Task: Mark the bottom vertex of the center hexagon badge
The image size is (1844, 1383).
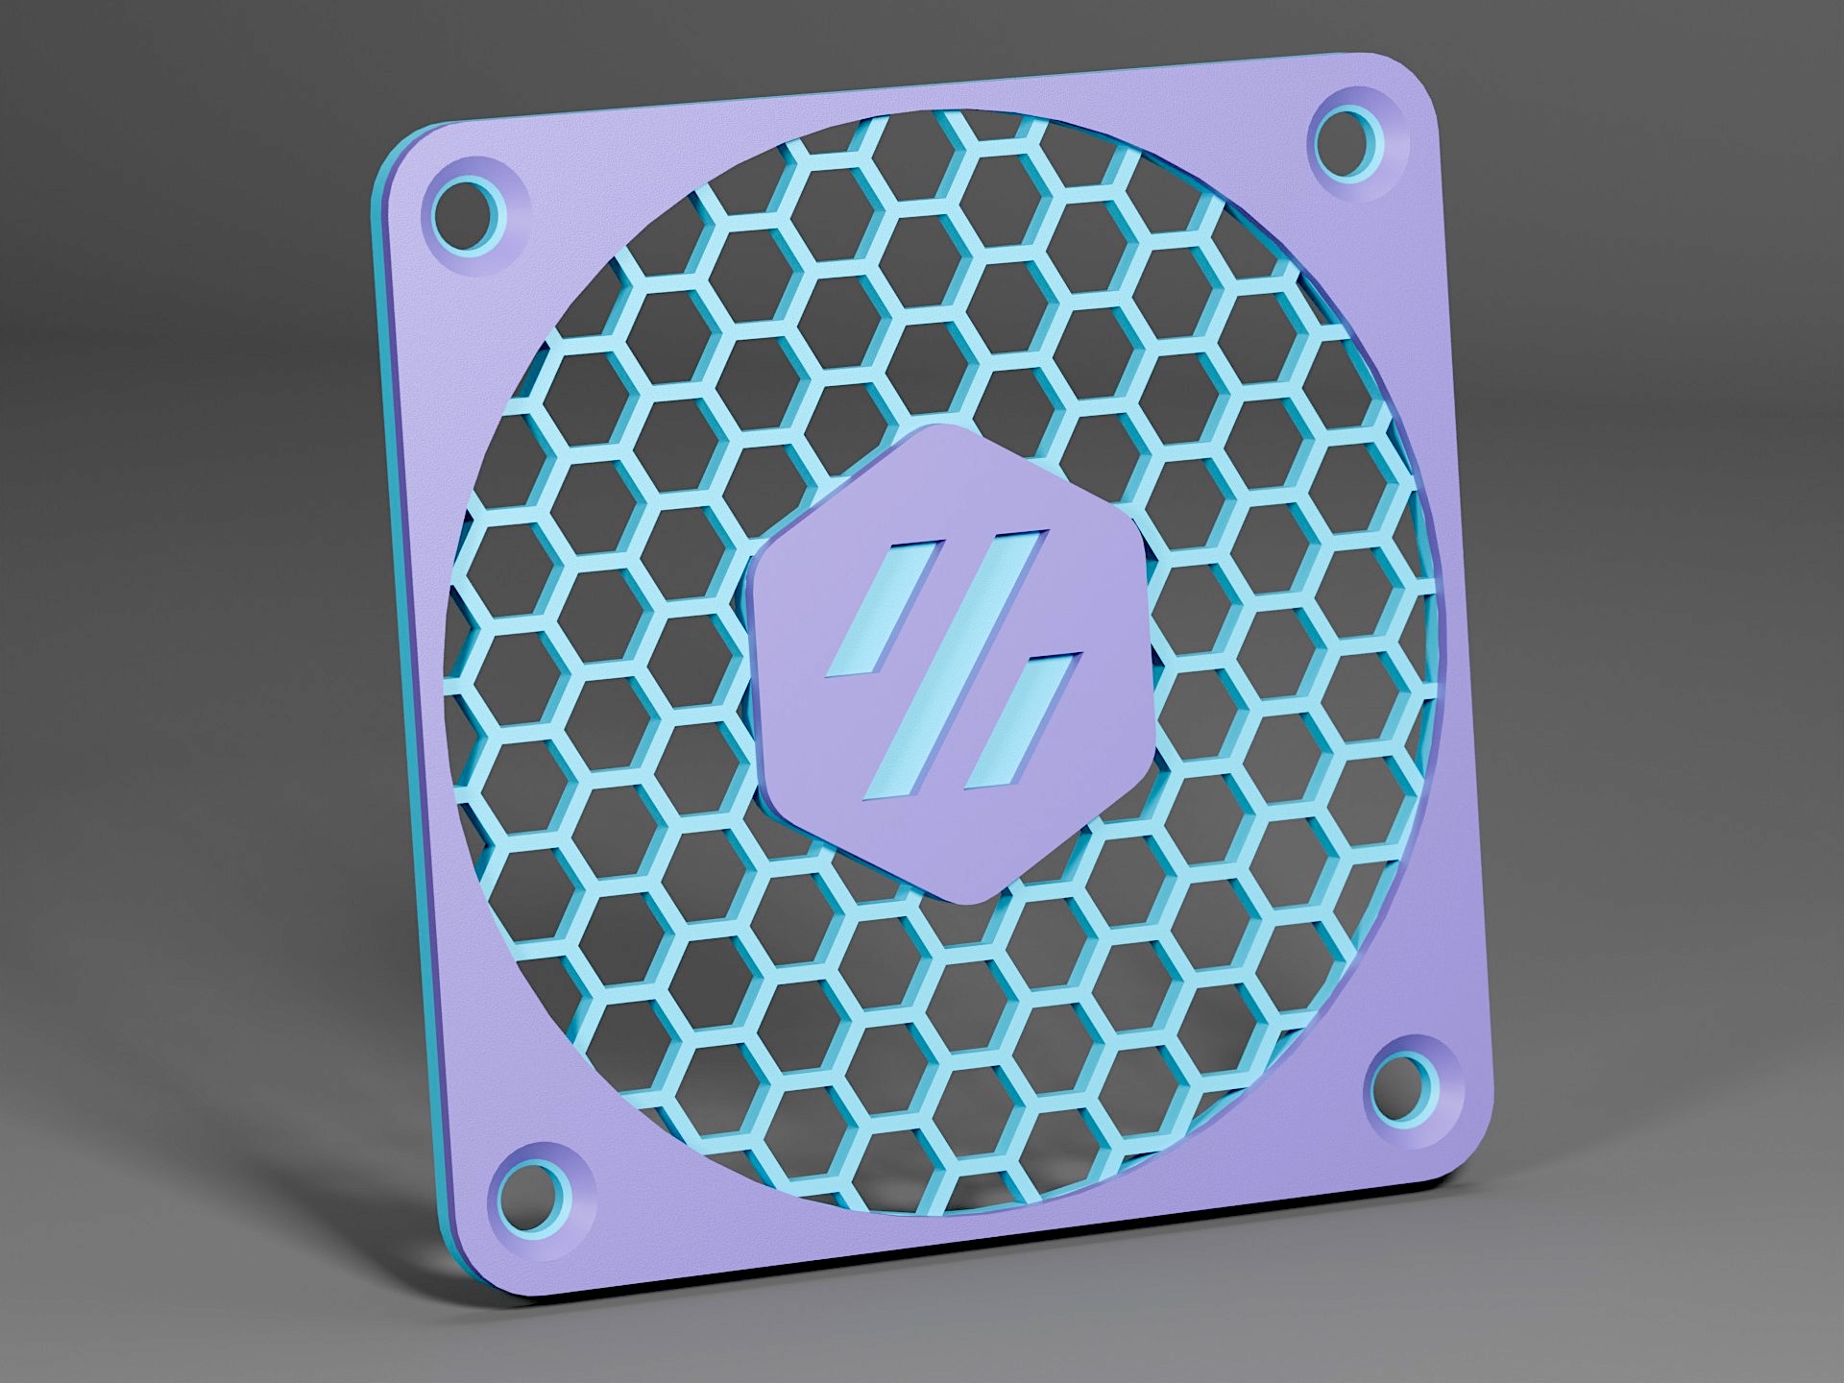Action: [972, 901]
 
